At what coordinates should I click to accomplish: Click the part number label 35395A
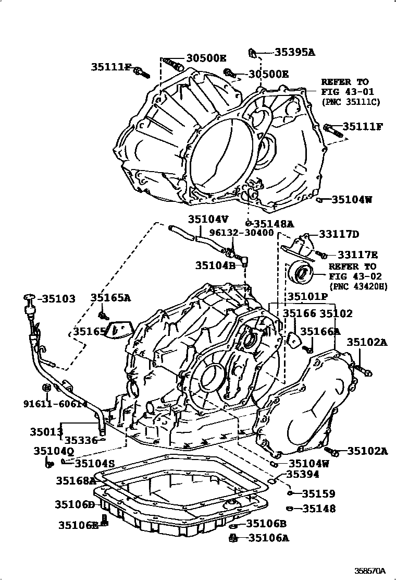tap(295, 52)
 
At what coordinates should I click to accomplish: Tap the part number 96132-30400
tap(241, 233)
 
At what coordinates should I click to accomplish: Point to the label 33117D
tap(339, 235)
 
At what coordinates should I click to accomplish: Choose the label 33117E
tap(357, 255)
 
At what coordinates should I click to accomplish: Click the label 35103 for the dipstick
tap(58, 299)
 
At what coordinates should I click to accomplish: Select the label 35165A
tap(110, 298)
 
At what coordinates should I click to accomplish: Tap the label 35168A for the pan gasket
tap(75, 479)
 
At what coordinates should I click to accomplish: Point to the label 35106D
tap(75, 504)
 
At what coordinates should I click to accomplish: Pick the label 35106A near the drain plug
tap(268, 538)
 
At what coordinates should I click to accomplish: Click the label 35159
tap(318, 493)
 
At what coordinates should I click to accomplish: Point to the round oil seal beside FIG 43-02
tap(301, 273)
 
